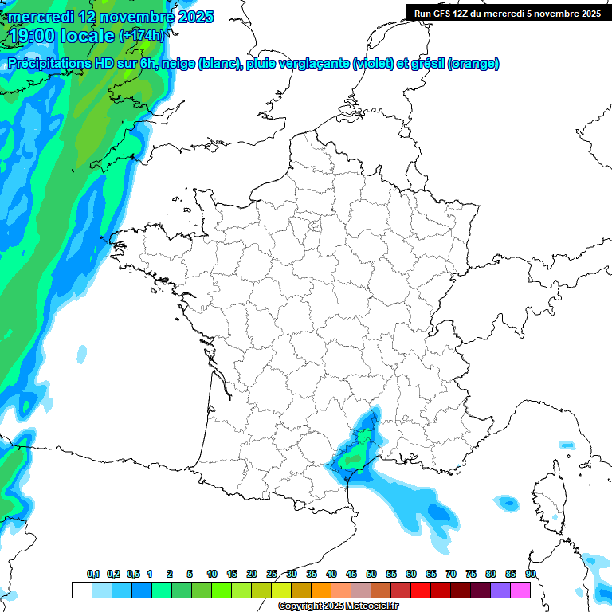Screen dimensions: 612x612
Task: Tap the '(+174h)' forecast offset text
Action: point(142,36)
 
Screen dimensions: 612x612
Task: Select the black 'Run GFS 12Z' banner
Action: point(507,13)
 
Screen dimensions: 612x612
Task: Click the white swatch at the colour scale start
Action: point(81,590)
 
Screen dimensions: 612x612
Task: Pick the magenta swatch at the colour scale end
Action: point(520,590)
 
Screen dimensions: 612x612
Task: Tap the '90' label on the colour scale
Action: point(530,574)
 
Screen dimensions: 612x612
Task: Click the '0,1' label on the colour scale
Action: point(93,574)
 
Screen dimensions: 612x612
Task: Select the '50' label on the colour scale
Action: point(371,574)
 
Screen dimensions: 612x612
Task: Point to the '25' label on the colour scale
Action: point(272,574)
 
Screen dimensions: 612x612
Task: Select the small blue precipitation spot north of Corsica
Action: point(566,445)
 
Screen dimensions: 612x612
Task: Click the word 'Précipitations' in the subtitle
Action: point(56,64)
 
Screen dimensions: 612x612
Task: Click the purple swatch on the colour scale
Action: point(500,590)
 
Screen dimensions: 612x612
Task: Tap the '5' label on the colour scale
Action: point(190,574)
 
